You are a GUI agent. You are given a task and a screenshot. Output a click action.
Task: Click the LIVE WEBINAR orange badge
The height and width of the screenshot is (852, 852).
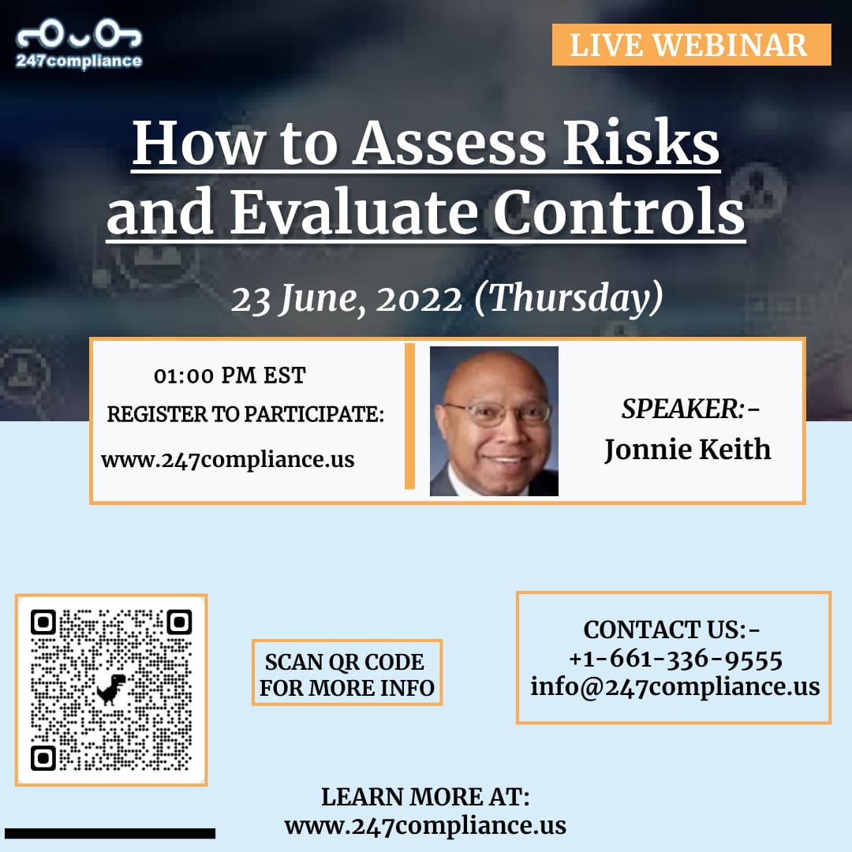click(x=691, y=44)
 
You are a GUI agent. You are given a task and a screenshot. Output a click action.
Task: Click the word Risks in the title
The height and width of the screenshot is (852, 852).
click(x=641, y=142)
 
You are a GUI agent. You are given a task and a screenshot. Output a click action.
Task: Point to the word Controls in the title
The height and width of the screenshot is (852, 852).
click(x=619, y=212)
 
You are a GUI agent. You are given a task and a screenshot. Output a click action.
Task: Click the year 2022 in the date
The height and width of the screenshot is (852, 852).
click(x=419, y=300)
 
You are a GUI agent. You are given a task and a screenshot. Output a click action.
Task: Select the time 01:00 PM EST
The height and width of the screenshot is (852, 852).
click(x=230, y=376)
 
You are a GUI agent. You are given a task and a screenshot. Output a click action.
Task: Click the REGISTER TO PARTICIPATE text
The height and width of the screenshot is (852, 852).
click(x=245, y=414)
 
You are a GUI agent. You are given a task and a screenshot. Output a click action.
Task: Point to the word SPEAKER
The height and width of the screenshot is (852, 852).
click(x=682, y=409)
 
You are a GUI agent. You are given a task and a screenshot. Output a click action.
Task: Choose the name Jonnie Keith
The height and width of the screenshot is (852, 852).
click(x=687, y=450)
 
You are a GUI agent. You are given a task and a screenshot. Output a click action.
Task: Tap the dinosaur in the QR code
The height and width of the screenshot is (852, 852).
click(x=111, y=689)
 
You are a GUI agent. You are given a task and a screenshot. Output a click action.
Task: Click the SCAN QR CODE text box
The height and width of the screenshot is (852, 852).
click(x=347, y=673)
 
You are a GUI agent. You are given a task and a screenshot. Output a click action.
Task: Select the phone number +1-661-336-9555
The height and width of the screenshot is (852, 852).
click(x=675, y=659)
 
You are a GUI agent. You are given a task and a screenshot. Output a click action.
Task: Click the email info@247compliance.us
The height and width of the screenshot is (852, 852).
click(x=674, y=687)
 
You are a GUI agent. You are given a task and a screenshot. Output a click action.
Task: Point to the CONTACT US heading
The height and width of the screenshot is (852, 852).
click(x=671, y=630)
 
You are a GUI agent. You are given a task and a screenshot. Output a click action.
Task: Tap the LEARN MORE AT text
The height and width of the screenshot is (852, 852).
click(x=425, y=797)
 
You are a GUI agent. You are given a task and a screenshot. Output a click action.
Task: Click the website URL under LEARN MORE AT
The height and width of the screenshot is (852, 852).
click(x=425, y=826)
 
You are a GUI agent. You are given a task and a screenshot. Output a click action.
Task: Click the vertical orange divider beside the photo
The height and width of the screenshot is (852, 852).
click(x=409, y=417)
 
